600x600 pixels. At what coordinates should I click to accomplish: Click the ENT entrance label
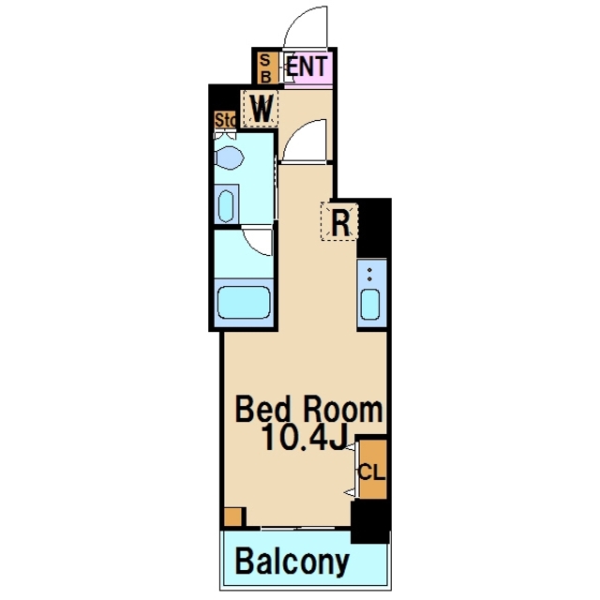point(307,67)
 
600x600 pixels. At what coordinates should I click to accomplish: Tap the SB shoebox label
point(265,68)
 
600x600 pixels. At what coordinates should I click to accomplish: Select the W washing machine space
point(262,109)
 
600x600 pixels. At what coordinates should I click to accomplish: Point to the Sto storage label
point(225,120)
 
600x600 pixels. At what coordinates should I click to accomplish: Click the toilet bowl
point(229,157)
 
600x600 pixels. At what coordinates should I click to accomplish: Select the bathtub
point(244,302)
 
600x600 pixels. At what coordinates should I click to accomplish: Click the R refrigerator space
point(339,221)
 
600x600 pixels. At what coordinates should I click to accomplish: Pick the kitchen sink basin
point(370,304)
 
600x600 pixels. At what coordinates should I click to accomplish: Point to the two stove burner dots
point(369,275)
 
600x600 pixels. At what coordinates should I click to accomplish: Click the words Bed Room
point(308,411)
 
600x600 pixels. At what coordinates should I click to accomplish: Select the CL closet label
point(371,472)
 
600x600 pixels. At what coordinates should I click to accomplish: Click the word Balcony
point(292,562)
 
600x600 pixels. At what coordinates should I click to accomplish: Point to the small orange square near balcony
point(233,517)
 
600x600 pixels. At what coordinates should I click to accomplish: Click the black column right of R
point(374,229)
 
